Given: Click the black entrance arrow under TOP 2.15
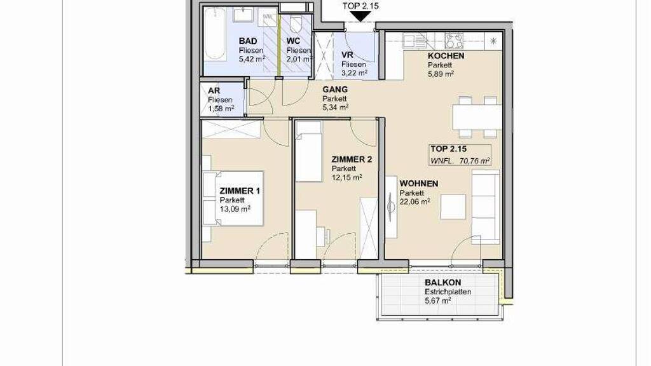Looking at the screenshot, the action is [x=360, y=16].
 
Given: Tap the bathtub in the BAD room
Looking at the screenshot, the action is [x=215, y=34].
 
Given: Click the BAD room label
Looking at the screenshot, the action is [x=248, y=41].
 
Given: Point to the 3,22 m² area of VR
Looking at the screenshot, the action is [x=354, y=73].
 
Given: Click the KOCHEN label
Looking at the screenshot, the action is [x=446, y=56].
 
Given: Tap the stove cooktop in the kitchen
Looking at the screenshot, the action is [x=454, y=41].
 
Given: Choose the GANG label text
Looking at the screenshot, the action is [x=335, y=89].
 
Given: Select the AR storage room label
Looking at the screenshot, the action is [x=214, y=90].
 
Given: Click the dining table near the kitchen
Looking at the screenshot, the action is [x=477, y=117].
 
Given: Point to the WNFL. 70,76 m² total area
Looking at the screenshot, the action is [x=460, y=161].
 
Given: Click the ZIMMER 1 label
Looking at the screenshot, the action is [x=240, y=191].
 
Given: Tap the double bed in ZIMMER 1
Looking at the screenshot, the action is [x=233, y=198].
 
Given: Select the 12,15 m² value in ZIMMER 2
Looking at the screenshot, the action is [x=346, y=177].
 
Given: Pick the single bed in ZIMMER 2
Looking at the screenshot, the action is [x=309, y=151].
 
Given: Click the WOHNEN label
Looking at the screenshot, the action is [x=419, y=184].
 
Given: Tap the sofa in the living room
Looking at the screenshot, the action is [x=486, y=207].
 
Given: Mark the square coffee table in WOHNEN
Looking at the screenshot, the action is [x=454, y=207].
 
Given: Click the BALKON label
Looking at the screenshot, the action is [x=442, y=283].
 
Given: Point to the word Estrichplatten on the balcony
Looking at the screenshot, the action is [x=448, y=292].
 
